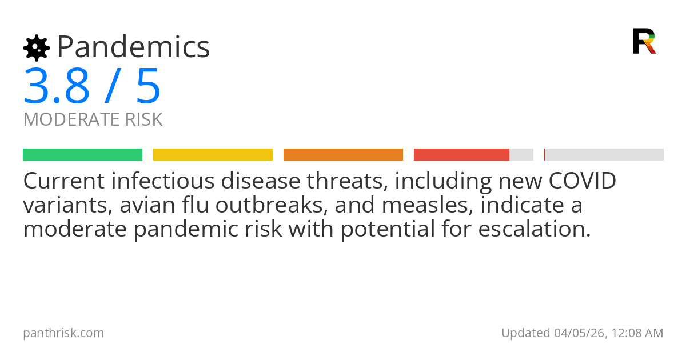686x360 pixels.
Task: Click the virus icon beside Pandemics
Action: coord(37,47)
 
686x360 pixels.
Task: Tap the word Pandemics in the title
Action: coord(134,47)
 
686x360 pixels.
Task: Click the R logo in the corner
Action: coord(644,41)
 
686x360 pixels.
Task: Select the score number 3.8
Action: coord(57,86)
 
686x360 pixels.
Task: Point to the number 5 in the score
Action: coord(148,86)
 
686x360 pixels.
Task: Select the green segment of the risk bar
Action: coord(82,155)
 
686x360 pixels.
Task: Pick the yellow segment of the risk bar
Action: coord(213,155)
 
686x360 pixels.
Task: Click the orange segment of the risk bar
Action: coord(343,155)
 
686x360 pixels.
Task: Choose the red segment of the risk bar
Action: coord(461,155)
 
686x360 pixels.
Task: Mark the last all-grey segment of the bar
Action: coord(604,155)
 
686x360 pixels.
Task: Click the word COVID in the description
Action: coord(582,181)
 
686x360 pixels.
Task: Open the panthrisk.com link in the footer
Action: coord(63,333)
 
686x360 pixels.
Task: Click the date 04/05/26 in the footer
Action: coord(578,333)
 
